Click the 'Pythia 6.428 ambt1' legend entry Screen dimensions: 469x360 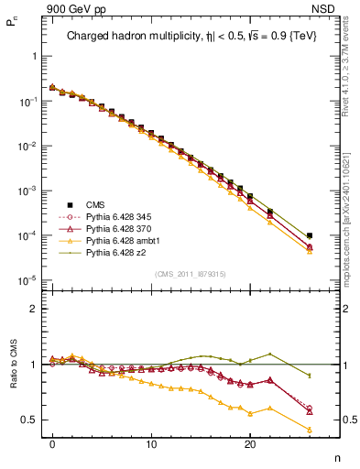119,245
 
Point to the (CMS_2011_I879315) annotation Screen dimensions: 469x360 191,274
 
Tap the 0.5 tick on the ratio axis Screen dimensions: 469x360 31,420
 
